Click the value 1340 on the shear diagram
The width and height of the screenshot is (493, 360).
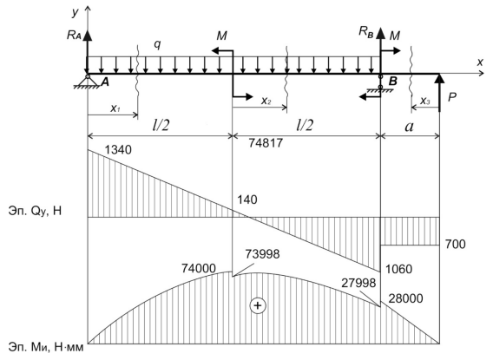coord(118,150)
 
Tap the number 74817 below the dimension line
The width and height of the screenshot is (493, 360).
coord(266,143)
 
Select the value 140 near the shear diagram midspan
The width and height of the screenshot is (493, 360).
coord(247,200)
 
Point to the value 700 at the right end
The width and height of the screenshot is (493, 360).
coord(456,244)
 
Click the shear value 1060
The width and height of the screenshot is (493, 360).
coord(398,269)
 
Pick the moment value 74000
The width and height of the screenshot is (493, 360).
coord(199,268)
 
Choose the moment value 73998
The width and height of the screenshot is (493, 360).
coord(262,254)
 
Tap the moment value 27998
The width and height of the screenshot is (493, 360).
coord(358,283)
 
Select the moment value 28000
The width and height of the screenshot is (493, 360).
coord(406,298)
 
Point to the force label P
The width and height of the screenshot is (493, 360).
coord(452,98)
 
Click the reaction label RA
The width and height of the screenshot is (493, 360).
coord(74,36)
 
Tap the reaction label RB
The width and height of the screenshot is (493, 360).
coord(366,32)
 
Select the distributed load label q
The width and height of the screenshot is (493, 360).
coord(157,45)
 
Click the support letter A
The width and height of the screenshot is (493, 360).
coord(105,82)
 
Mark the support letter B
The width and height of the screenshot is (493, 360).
coord(393,82)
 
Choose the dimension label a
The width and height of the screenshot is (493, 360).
coord(409,127)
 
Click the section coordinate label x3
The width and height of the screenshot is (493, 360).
coord(424,101)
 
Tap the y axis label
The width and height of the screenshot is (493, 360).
coord(76,12)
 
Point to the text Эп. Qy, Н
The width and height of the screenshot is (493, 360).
coord(35,211)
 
